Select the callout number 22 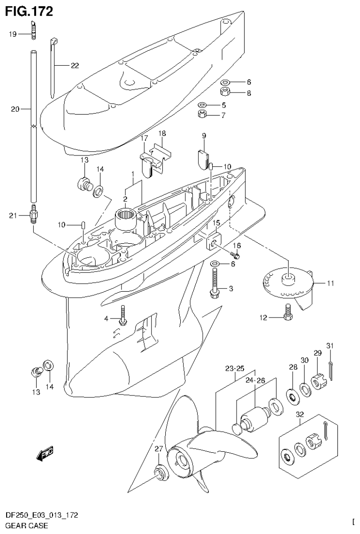(75, 66)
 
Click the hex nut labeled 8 (225, 91)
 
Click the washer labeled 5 (202, 105)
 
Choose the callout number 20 (15, 109)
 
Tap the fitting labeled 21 (33, 216)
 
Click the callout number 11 (330, 284)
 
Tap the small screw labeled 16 (236, 255)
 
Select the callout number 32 (300, 415)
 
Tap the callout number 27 (158, 449)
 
